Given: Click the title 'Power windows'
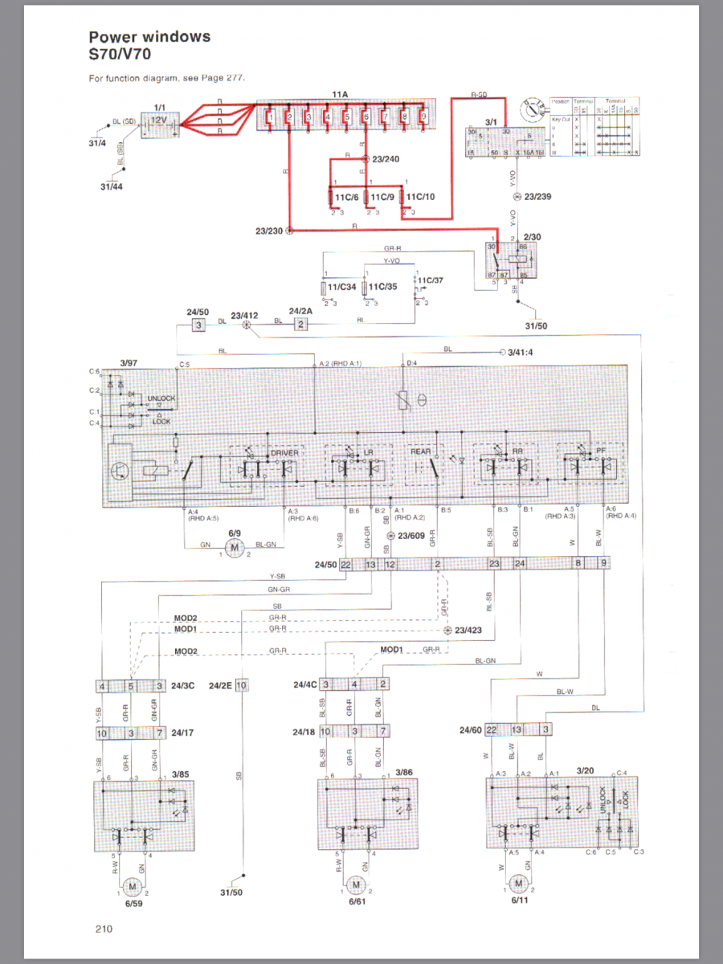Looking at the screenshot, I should pyautogui.click(x=149, y=36).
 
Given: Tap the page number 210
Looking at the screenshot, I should pyautogui.click(x=102, y=929).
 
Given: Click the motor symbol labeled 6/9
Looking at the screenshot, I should pyautogui.click(x=235, y=549).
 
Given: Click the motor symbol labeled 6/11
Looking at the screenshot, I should pyautogui.click(x=519, y=885).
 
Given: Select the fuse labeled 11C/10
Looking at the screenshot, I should pyautogui.click(x=421, y=195).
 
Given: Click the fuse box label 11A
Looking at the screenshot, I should pyautogui.click(x=340, y=94).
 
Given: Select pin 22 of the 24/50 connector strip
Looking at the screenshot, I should pyautogui.click(x=345, y=565).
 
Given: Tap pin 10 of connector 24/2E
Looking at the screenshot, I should pyautogui.click(x=241, y=685).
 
